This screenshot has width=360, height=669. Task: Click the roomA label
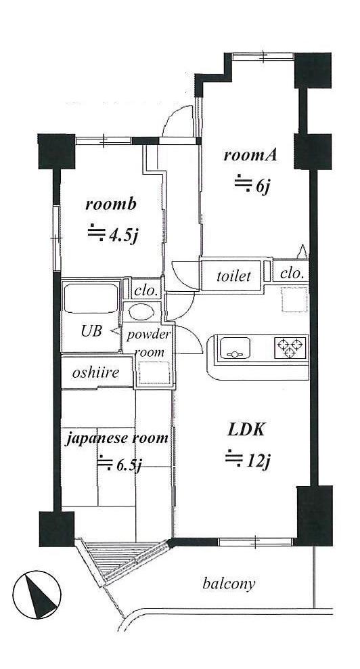coord(251,155)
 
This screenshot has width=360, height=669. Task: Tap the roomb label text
coord(111,204)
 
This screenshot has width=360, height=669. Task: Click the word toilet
coord(233,276)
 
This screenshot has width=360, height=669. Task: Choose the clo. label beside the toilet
coord(294,273)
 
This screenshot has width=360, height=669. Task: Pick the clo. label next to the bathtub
coord(146,291)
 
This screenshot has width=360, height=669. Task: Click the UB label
coord(91,331)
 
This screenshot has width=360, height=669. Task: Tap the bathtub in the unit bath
coord(90,297)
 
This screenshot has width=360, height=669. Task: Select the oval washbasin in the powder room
coord(141,313)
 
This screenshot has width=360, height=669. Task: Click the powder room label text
coord(148,343)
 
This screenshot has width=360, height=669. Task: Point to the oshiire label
coord(95,373)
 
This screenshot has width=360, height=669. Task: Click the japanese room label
coord(116,438)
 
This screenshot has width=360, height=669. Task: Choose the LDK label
coord(246,430)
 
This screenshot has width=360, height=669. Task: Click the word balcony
coord(229,584)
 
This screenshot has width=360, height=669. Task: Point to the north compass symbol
coord(37,595)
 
